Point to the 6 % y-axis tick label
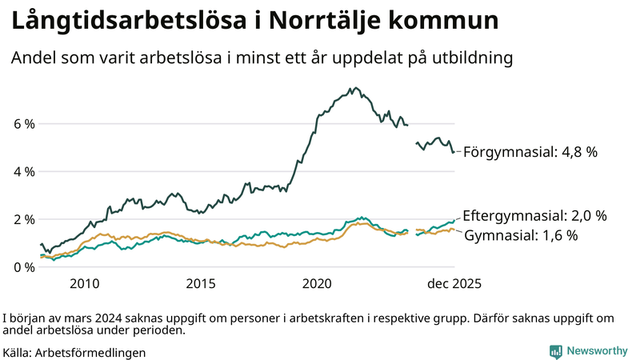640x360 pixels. [x=24, y=124]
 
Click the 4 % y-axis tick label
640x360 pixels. [x=24, y=171]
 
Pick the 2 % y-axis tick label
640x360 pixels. [x=24, y=219]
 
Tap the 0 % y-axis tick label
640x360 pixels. [x=24, y=266]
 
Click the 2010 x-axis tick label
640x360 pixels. [x=84, y=283]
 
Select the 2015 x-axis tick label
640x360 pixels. [x=201, y=283]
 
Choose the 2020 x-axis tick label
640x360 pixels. [x=318, y=283]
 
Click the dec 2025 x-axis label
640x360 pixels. [x=454, y=283]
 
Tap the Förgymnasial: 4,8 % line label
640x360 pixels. [x=530, y=152]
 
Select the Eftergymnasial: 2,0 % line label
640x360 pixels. [x=535, y=216]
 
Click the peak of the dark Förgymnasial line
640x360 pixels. [x=352, y=88]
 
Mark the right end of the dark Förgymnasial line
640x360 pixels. [x=454, y=152]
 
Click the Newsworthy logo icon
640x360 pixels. [x=555, y=351]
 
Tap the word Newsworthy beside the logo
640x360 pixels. [x=597, y=351]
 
